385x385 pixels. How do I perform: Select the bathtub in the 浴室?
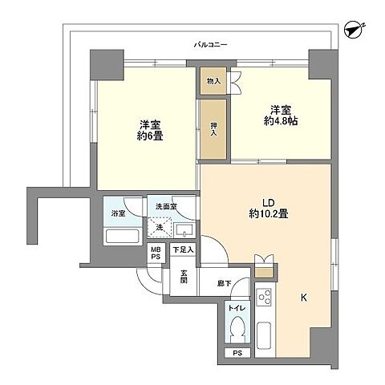click(122, 237)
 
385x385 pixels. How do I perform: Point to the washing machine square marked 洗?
click(160, 228)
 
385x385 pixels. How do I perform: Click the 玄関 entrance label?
click(184, 278)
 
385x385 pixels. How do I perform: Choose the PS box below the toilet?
click(237, 353)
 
